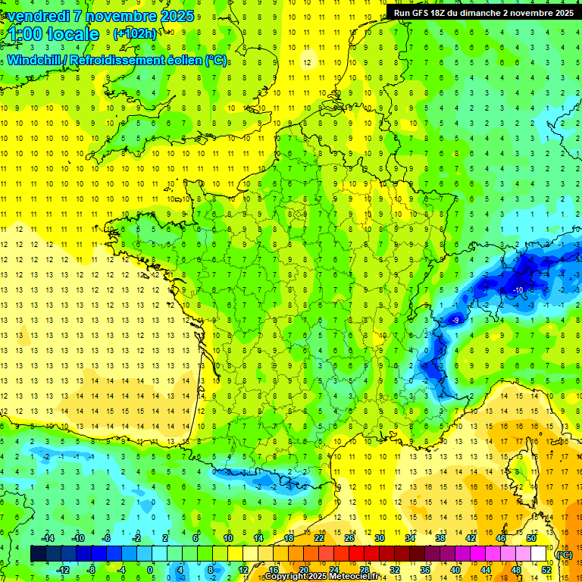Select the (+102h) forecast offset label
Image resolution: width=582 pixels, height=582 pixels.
pos(134,33)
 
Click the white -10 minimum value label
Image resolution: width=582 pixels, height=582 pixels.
pos(518,290)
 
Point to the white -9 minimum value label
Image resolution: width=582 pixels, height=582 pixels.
pos(455,321)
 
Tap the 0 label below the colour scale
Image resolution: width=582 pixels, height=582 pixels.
pos(150,569)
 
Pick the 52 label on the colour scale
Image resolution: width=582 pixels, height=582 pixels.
pos(546,569)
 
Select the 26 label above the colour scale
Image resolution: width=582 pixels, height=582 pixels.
pos(349,538)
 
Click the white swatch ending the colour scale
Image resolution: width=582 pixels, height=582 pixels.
pos(539,554)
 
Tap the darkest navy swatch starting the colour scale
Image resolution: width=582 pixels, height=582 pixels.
pos(37,554)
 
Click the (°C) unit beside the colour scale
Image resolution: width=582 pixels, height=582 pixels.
pos(564,554)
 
